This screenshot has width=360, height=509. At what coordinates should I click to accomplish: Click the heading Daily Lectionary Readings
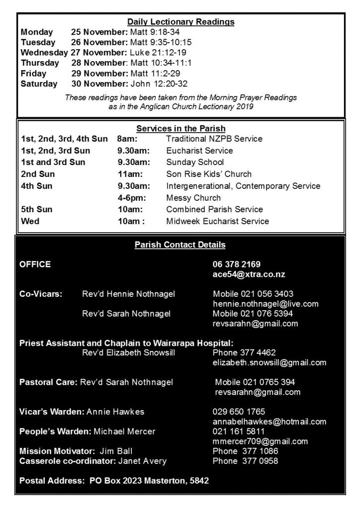click(x=180, y=22)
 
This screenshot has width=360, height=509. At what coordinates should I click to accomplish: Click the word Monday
click(x=36, y=32)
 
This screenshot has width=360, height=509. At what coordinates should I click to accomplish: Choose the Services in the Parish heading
click(x=180, y=128)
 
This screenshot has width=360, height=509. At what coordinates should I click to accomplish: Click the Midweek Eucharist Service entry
click(x=217, y=221)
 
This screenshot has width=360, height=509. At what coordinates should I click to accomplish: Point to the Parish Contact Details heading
click(x=180, y=245)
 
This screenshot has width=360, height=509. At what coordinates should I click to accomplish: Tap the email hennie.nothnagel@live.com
click(x=266, y=304)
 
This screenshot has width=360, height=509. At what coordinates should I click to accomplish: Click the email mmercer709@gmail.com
click(x=260, y=441)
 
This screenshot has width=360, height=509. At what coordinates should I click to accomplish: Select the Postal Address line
click(x=114, y=481)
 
